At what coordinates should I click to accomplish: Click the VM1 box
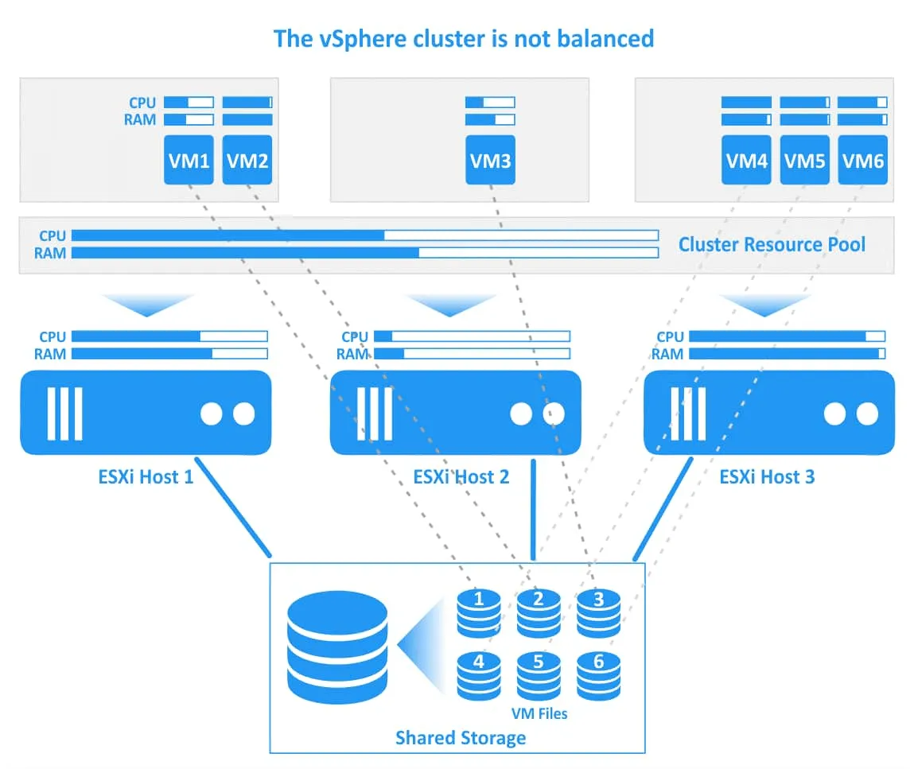coord(189,160)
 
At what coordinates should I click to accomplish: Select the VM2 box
coord(247,160)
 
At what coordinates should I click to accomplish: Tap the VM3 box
coord(490,160)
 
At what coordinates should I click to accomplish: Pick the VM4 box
coord(746,160)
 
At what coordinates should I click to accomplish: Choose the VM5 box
coord(804,160)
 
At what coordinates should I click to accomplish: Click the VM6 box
coord(862,160)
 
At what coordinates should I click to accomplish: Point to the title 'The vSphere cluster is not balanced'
coord(463,38)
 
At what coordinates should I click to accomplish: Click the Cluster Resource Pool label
coord(771,244)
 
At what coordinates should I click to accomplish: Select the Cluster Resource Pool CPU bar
coord(364,235)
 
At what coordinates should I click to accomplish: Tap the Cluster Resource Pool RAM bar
coord(364,253)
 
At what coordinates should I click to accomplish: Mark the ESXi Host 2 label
coord(461,477)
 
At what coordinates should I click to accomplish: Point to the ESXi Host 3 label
coord(767,477)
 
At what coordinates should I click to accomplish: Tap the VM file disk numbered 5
coord(539,674)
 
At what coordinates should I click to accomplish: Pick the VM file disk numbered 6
coord(598,674)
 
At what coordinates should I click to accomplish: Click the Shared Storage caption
coord(461,737)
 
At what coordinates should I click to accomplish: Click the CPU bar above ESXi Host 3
coord(786,336)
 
